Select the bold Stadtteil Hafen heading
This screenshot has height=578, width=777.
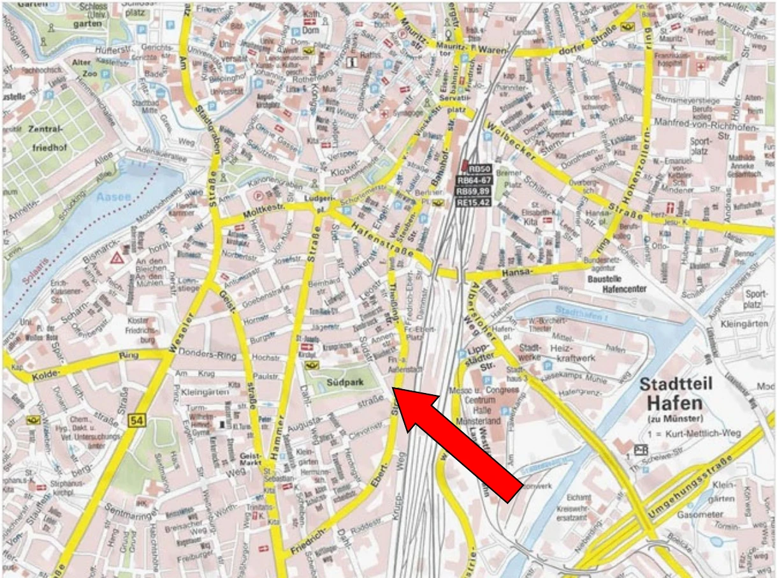pos(676,394)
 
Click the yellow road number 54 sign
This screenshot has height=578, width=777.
pos(136,420)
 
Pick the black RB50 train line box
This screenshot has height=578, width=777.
pos(479,169)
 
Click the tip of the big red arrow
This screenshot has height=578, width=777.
pos(394,389)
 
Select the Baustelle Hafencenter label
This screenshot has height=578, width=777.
pos(615,284)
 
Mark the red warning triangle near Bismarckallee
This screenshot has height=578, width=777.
pos(117,259)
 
